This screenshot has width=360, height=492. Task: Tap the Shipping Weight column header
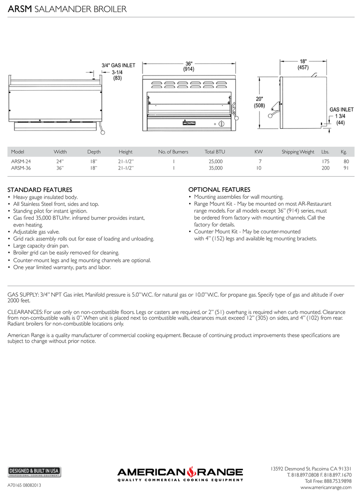[298, 152]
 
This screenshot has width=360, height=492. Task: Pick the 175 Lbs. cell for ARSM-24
[325, 162]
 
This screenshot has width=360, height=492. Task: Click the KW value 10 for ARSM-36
[259, 168]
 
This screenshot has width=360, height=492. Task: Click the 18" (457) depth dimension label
[303, 65]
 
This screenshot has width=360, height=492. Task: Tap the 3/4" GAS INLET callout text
[118, 65]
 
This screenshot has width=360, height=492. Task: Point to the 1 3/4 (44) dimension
[340, 120]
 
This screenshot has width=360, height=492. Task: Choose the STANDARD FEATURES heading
[40, 190]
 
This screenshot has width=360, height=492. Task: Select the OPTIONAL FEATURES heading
[219, 190]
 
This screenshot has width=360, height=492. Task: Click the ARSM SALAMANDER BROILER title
[67, 9]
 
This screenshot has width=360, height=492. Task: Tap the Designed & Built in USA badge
[34, 471]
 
